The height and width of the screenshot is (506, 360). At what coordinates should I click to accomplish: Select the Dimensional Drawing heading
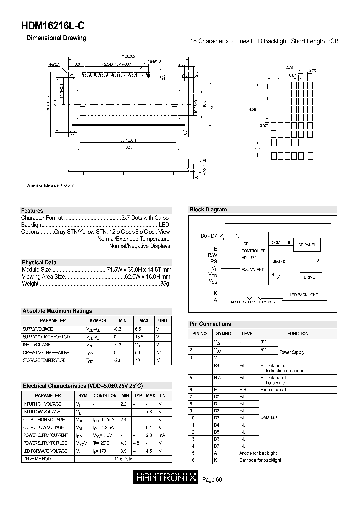click(x=56, y=38)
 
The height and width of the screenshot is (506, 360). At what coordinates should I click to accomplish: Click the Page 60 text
click(x=212, y=480)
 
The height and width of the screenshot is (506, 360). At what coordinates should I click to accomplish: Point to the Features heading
click(x=32, y=211)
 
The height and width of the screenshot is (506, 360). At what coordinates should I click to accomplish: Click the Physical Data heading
click(x=39, y=262)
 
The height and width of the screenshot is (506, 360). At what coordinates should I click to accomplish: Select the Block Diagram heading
click(x=208, y=210)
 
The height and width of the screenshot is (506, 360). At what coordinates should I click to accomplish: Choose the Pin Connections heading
click(x=210, y=324)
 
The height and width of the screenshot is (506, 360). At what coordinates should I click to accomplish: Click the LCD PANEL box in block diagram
click(x=306, y=245)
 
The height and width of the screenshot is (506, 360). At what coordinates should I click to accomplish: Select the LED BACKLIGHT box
click(x=304, y=295)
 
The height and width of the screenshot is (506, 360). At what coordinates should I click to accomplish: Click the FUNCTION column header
click(x=298, y=333)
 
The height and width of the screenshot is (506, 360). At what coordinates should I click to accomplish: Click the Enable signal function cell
click(x=274, y=389)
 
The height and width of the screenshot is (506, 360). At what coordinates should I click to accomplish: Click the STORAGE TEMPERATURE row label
click(x=44, y=360)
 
